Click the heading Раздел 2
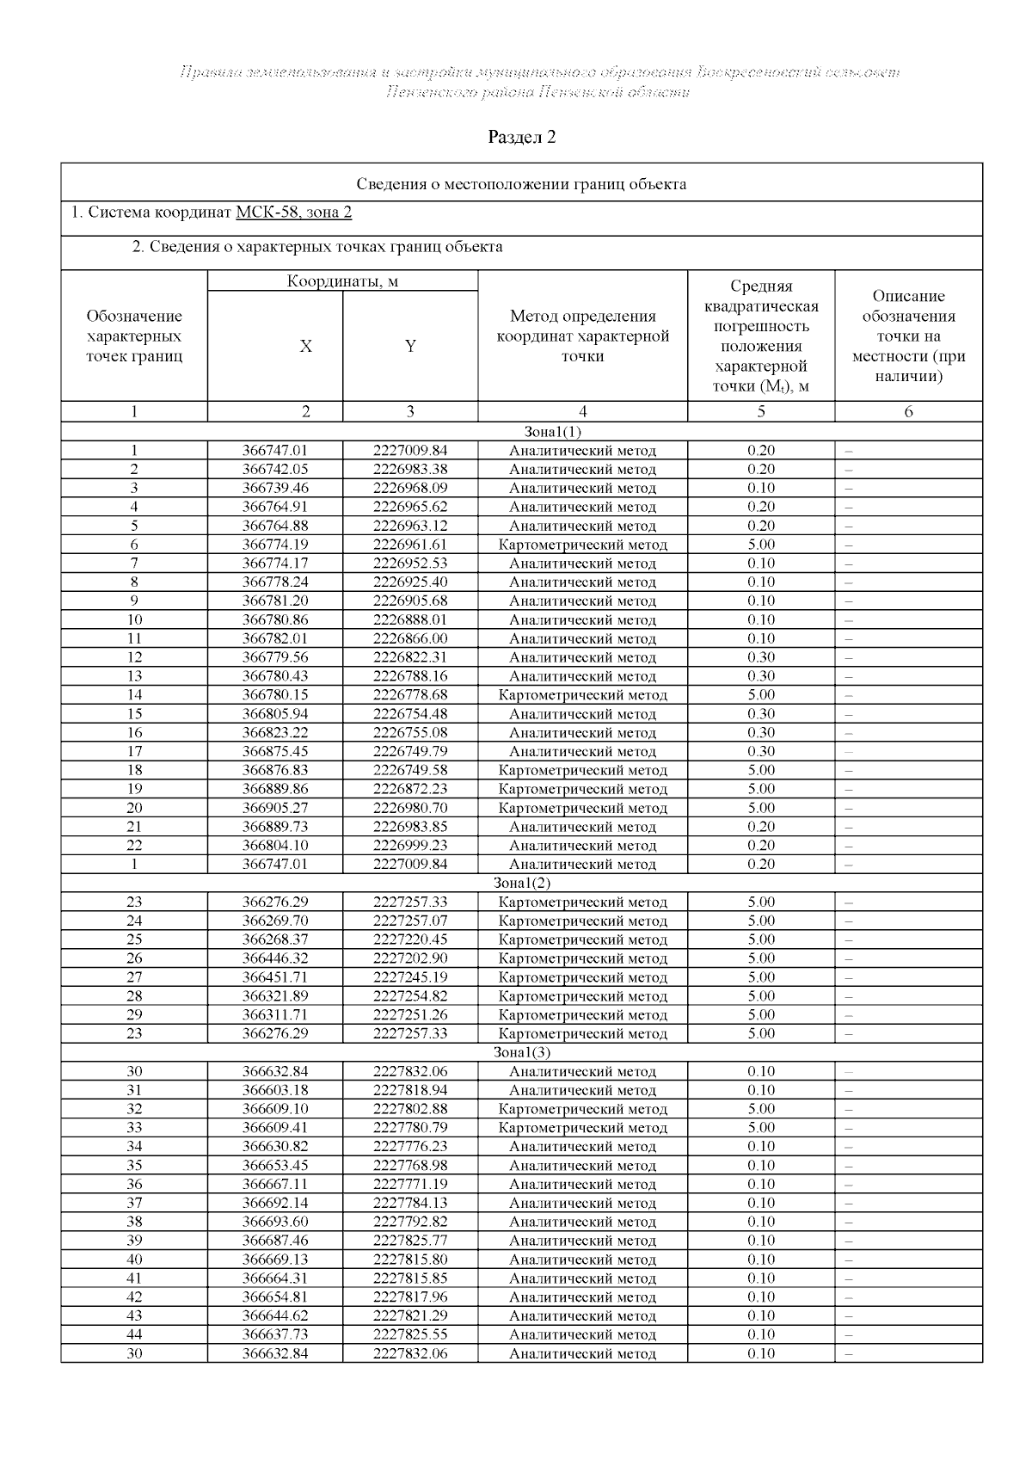coord(521,137)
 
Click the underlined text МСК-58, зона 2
coord(293,213)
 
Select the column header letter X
coord(305,347)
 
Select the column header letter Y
coord(410,347)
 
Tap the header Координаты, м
coord(342,281)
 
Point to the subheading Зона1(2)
coord(521,883)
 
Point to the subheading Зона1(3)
coord(521,1052)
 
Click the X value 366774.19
coord(275,545)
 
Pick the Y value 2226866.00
coord(410,638)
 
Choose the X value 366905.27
coord(275,808)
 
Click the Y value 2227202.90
coord(410,958)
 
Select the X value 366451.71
coord(275,977)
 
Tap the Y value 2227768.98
coord(410,1166)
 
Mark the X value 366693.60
coord(275,1222)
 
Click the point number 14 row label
coord(134,695)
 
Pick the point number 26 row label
coord(134,958)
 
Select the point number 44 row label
coord(134,1334)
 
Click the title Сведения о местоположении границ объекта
coord(521,184)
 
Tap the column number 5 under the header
coord(761,412)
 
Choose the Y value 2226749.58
coord(410,770)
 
